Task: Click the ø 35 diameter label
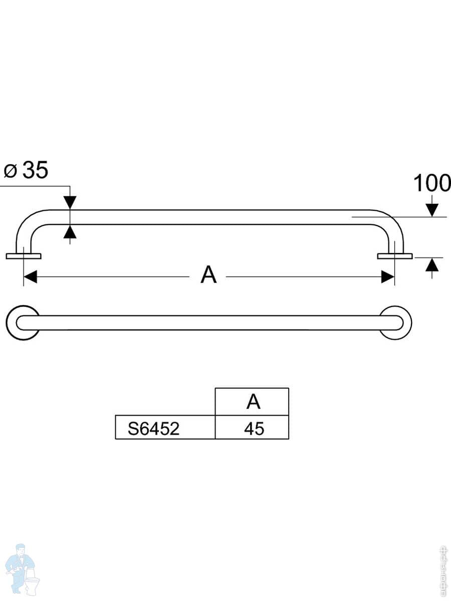pos(26,171)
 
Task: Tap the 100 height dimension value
pos(431,184)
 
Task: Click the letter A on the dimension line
pos(208,275)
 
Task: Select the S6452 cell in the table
pos(153,429)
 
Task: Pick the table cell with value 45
pos(254,429)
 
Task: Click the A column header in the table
pos(253,402)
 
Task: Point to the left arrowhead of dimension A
pos(31,276)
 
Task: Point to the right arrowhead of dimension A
pos(387,276)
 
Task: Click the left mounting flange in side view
pos(24,256)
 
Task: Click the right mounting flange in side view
pos(395,256)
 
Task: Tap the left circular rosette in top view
pos(23,323)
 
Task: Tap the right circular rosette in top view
pos(396,323)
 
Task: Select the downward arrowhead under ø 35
pos(70,202)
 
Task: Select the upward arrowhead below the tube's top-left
pos(70,232)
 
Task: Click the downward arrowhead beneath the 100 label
pos(432,209)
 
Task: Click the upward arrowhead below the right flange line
pos(432,265)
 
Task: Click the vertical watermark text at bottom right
pos(443,571)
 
